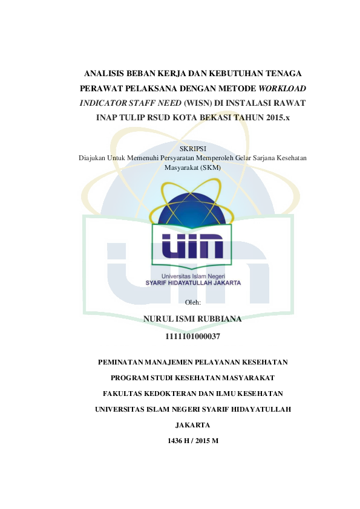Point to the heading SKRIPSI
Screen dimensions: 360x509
pos(192,149)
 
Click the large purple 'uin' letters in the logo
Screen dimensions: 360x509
pos(192,246)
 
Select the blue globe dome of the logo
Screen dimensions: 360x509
pos(192,209)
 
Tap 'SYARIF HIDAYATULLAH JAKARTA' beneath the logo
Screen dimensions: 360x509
pos(193,283)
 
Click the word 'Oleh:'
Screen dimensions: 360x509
pos(192,302)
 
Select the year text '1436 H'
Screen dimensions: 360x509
pos(178,441)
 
